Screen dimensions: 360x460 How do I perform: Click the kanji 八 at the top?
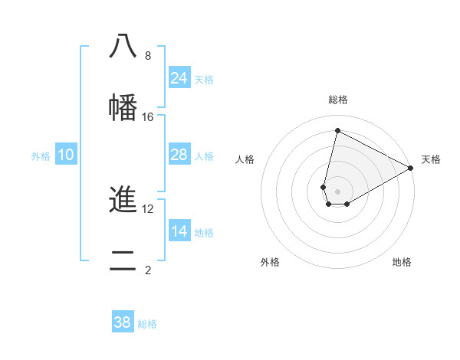123,47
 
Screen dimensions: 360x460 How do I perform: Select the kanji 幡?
123,107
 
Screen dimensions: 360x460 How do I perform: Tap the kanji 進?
123,201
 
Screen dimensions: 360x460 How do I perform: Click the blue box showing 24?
179,78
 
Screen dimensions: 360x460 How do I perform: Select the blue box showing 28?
179,155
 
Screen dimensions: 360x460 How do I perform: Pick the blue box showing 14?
179,231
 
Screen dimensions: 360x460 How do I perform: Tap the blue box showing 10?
66,155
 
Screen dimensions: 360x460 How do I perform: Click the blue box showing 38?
123,322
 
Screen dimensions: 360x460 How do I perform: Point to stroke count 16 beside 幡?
148,117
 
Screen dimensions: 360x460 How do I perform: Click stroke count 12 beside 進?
148,209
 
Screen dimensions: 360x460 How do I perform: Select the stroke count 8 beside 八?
148,56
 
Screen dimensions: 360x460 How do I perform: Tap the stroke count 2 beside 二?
148,270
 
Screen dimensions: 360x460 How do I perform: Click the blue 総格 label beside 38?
147,324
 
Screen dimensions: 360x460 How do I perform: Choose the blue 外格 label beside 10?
41,156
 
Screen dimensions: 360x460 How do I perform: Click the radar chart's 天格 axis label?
431,159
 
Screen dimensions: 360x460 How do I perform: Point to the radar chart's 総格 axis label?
338,100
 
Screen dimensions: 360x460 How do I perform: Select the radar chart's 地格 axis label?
402,262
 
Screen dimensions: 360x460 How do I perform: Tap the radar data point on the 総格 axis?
337,130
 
